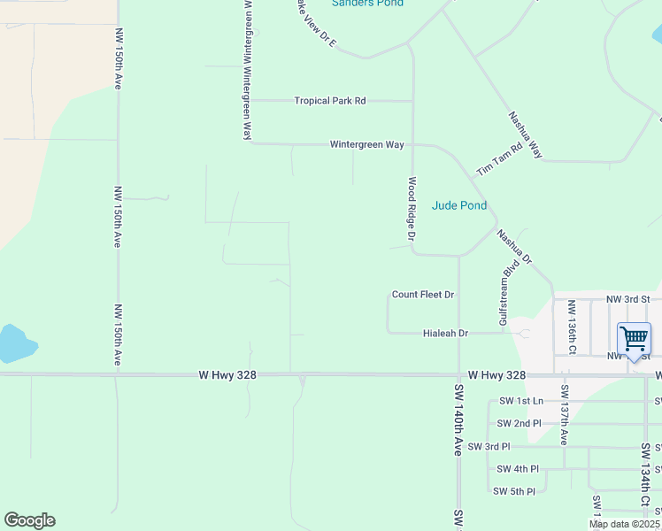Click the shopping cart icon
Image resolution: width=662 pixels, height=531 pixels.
pos(634,339)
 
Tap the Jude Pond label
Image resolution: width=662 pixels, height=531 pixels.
pos(459,205)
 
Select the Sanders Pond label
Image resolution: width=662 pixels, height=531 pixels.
pos(367,4)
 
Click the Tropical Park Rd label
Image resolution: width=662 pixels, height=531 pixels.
pos(330,101)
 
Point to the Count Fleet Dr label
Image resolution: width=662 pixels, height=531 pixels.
pos(423,294)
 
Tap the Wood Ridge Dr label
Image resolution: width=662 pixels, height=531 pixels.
pos(412,209)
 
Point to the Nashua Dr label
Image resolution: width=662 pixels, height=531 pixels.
pos(513,248)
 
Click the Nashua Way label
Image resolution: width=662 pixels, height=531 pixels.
pos(525,135)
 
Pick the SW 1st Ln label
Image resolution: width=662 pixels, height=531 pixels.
pos(520,401)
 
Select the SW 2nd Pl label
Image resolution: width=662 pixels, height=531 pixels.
pos(520,423)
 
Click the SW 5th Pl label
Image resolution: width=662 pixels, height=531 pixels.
pos(514,491)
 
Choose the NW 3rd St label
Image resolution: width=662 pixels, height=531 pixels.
pos(628,300)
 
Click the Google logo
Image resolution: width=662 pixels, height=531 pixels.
pos(29,520)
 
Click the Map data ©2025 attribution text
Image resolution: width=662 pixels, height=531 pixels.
pos(624,524)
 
